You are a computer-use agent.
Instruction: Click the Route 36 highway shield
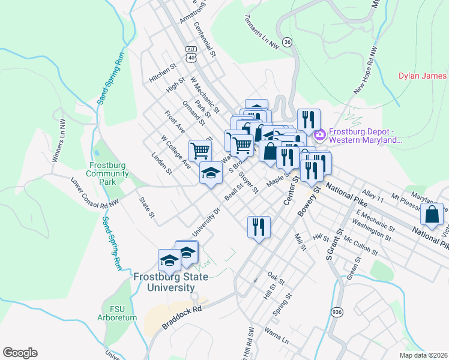click(x=288, y=42)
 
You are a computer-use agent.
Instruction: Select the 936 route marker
click(x=337, y=312)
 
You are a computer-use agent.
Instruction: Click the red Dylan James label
click(x=423, y=76)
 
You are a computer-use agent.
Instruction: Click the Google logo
click(x=20, y=353)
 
